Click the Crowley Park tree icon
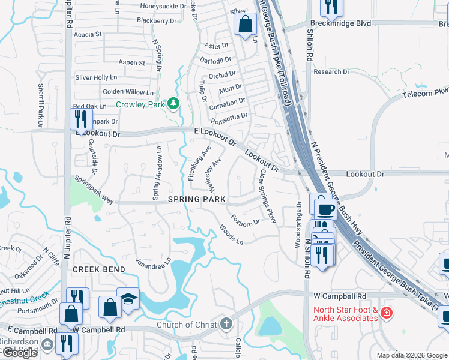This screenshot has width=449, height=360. coord(173,104)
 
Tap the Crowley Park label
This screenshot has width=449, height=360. coord(140,104)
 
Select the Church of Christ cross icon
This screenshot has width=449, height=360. coord(226,325)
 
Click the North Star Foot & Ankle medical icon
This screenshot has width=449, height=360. coord(386,313)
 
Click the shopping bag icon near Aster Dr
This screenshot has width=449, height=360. coord(245,25)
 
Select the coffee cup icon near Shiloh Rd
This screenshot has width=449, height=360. coord(325,209)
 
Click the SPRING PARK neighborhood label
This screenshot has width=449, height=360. coord(196,199)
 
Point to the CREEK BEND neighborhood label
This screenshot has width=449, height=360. coord(99,269)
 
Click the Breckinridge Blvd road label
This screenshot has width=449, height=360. coord(338,23)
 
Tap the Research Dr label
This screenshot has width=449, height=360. coord(331,72)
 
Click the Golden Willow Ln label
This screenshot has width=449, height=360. coord(128,92)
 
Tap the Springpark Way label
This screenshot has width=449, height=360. coord(94,188)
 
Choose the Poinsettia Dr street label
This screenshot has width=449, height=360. coord(228,115)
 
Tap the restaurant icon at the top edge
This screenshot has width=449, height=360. coord(331,7)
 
